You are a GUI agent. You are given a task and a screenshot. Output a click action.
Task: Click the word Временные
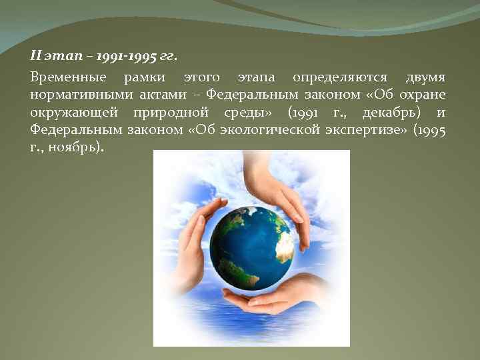[63, 77]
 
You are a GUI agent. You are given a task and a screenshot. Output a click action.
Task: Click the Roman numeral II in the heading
[36, 57]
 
